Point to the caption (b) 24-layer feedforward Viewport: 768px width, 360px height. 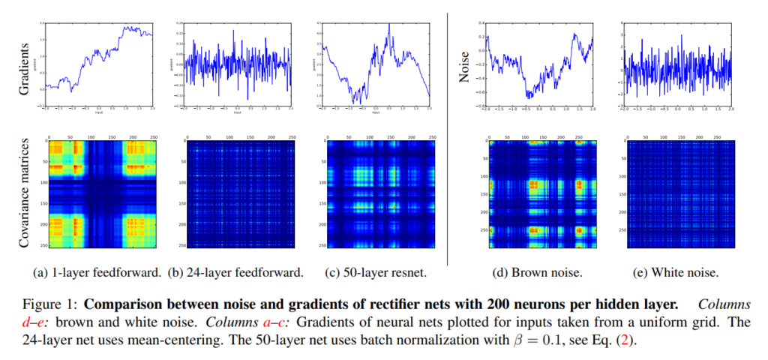pyautogui.click(x=238, y=273)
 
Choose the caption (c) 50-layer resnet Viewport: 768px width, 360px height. pyautogui.click(x=378, y=273)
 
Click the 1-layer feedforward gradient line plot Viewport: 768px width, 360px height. pyautogui.click(x=100, y=64)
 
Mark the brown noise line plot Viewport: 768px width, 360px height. pyautogui.click(x=538, y=64)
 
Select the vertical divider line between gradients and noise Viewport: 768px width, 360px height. pyautogui.click(x=448, y=135)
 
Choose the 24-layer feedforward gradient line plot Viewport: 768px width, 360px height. pyautogui.click(x=238, y=64)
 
